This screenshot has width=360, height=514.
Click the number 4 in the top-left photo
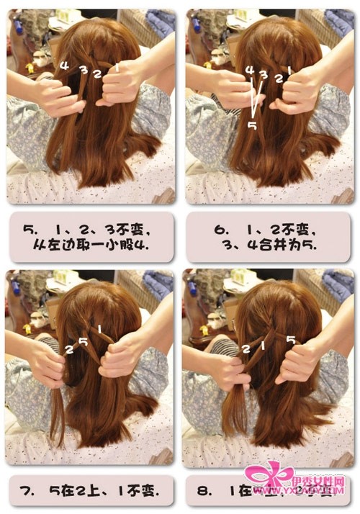click(x=65, y=66)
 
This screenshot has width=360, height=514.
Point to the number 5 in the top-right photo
click(x=252, y=125)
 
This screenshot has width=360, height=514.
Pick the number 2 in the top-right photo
click(x=278, y=76)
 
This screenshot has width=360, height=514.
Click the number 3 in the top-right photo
click(x=264, y=74)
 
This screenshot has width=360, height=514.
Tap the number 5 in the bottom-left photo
click(x=84, y=341)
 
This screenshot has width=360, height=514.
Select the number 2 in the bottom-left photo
click(x=69, y=350)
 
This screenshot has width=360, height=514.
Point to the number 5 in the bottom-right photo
click(x=292, y=339)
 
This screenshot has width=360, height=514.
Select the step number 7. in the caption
click(x=30, y=491)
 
